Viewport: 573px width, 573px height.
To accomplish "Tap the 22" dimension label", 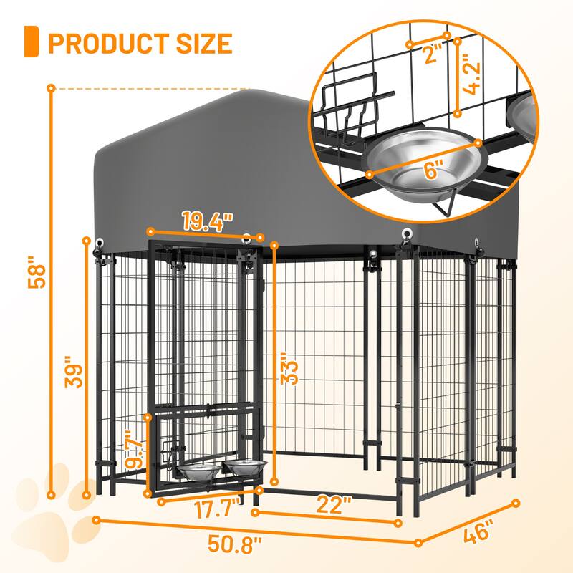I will point(334,504).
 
